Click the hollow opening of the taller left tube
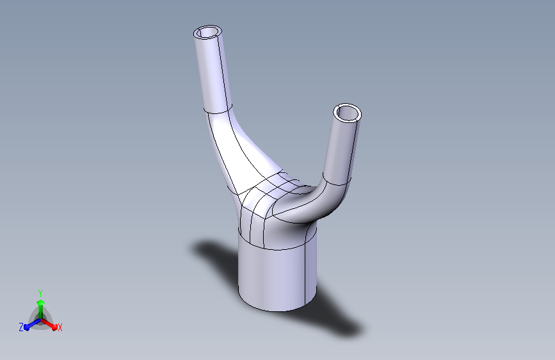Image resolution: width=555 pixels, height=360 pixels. coord(208,32)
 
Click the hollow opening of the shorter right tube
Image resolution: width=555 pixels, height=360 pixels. coord(347,113)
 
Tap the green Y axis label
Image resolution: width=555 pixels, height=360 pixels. coord(40,293)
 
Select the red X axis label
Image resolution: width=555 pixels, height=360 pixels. coord(60,327)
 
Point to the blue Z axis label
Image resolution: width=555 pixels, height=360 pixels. coord(21,327)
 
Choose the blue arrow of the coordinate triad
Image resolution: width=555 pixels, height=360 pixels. coord(33,324)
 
